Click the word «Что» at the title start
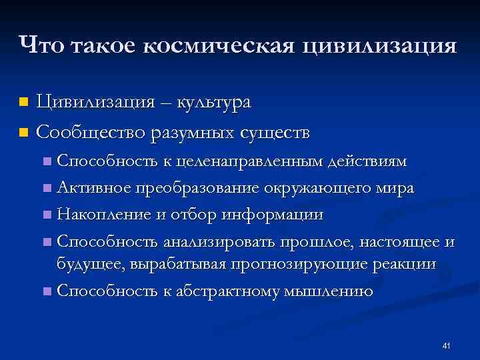pos(43,45)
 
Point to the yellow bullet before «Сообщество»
pos(25,133)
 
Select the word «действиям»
pos(371,161)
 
